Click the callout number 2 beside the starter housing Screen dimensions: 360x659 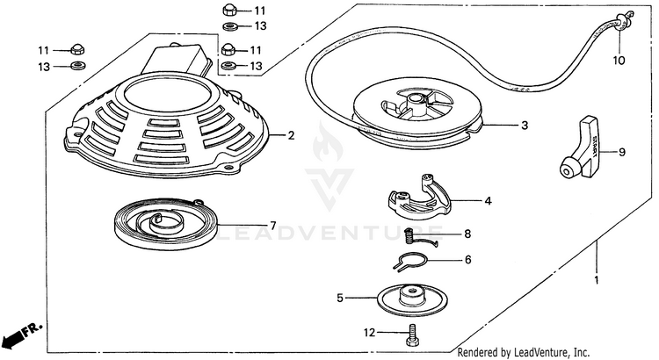coord(290,135)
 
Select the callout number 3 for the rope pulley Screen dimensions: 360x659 coord(524,126)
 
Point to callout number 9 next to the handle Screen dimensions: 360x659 coord(621,152)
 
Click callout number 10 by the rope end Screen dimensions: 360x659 coord(619,61)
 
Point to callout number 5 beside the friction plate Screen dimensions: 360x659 coord(340,298)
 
